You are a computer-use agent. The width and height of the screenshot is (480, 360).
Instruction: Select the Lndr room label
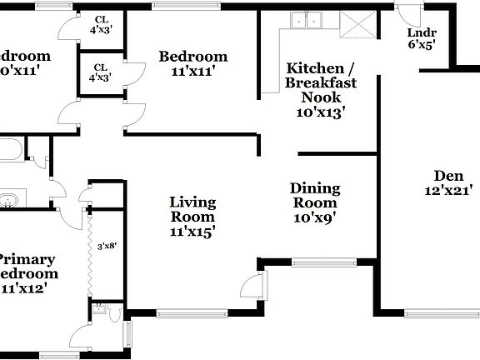(420, 32)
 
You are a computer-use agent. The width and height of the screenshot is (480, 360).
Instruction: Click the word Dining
(313, 188)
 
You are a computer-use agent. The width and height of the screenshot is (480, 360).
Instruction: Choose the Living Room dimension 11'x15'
(192, 232)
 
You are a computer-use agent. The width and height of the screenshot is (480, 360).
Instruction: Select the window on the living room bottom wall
(191, 314)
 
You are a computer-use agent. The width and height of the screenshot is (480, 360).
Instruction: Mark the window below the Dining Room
(324, 262)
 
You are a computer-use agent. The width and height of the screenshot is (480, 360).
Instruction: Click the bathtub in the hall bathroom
(10, 152)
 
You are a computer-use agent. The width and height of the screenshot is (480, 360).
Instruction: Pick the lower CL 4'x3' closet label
(100, 73)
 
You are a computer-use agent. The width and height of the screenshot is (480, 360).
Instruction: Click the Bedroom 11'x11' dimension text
(192, 72)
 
